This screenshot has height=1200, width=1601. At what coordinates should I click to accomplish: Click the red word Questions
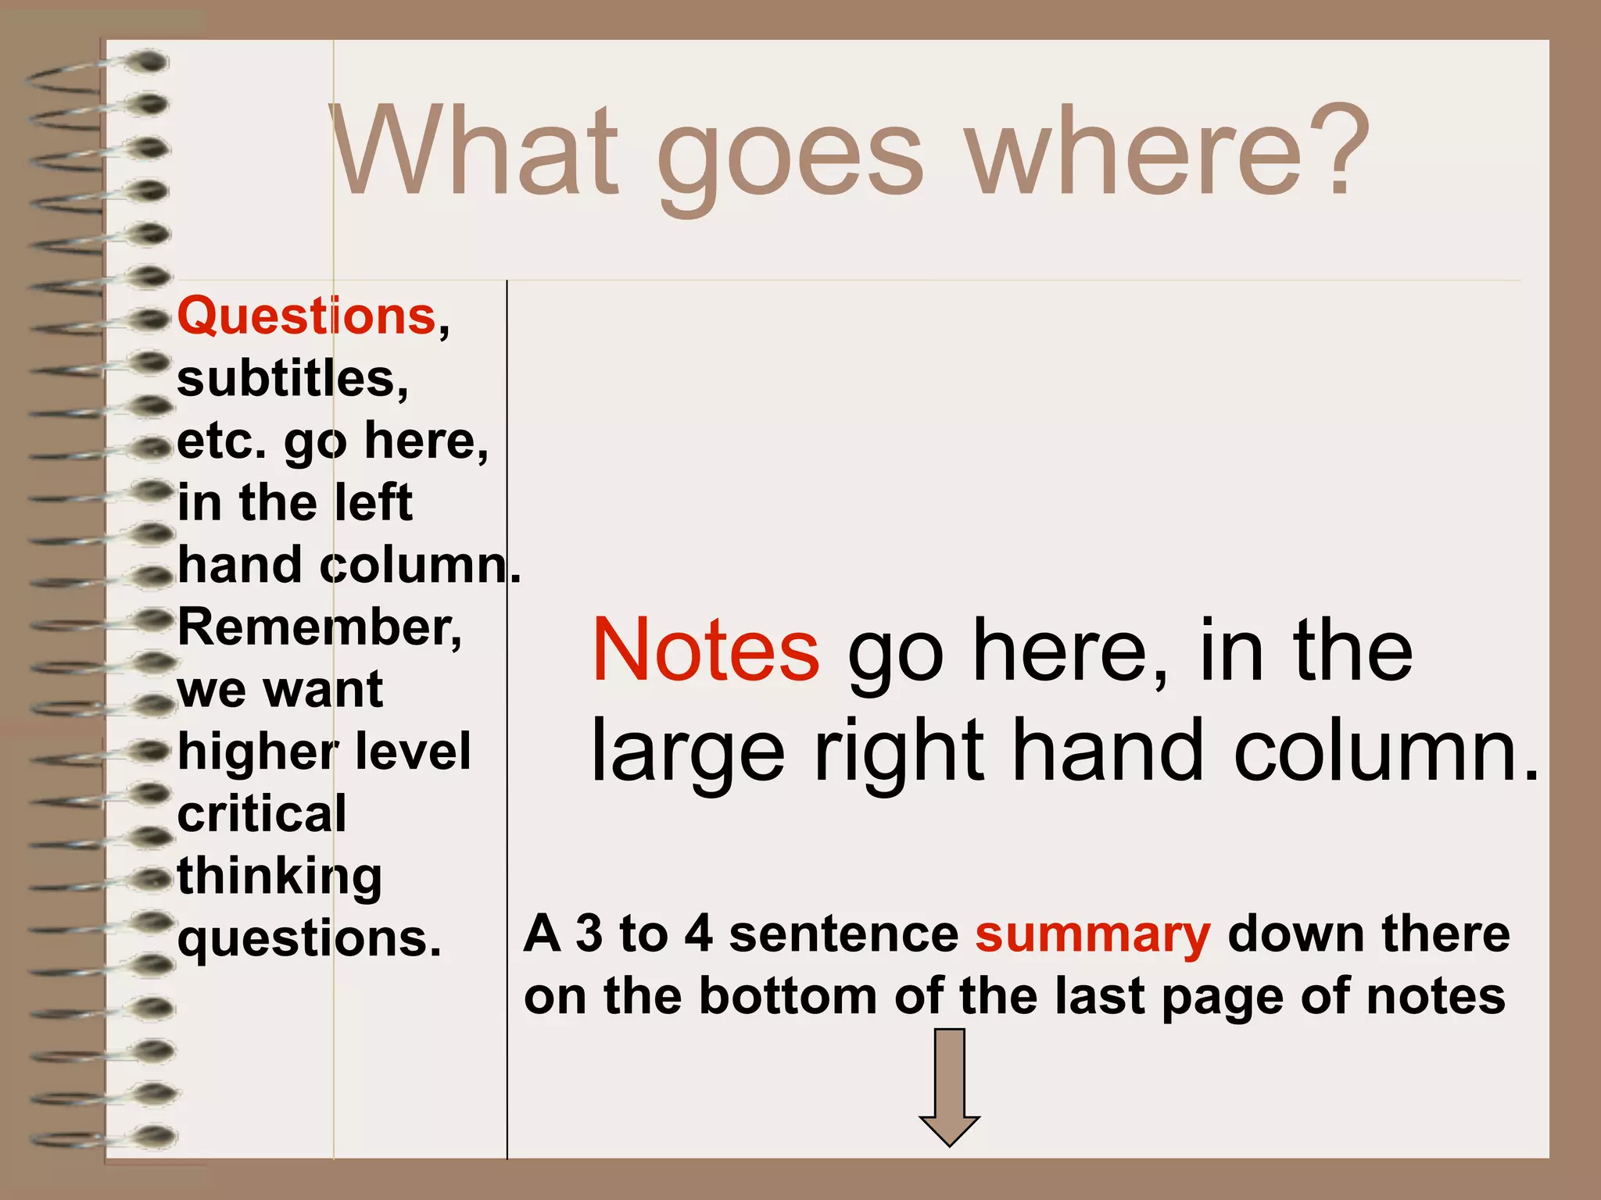[307, 316]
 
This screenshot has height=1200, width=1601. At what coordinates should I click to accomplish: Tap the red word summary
[1093, 934]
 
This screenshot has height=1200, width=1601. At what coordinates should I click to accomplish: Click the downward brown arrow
[949, 1086]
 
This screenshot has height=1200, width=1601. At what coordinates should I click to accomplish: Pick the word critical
[262, 814]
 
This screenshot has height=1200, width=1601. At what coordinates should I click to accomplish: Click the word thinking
[280, 877]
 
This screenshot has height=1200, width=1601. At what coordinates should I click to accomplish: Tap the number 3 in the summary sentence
[589, 934]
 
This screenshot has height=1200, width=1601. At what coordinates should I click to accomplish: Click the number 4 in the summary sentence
[698, 934]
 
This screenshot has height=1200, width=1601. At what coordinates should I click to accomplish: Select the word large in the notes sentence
[688, 752]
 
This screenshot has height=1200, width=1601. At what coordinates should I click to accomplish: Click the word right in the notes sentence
[899, 752]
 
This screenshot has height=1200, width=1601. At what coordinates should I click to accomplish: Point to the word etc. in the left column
[222, 441]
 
